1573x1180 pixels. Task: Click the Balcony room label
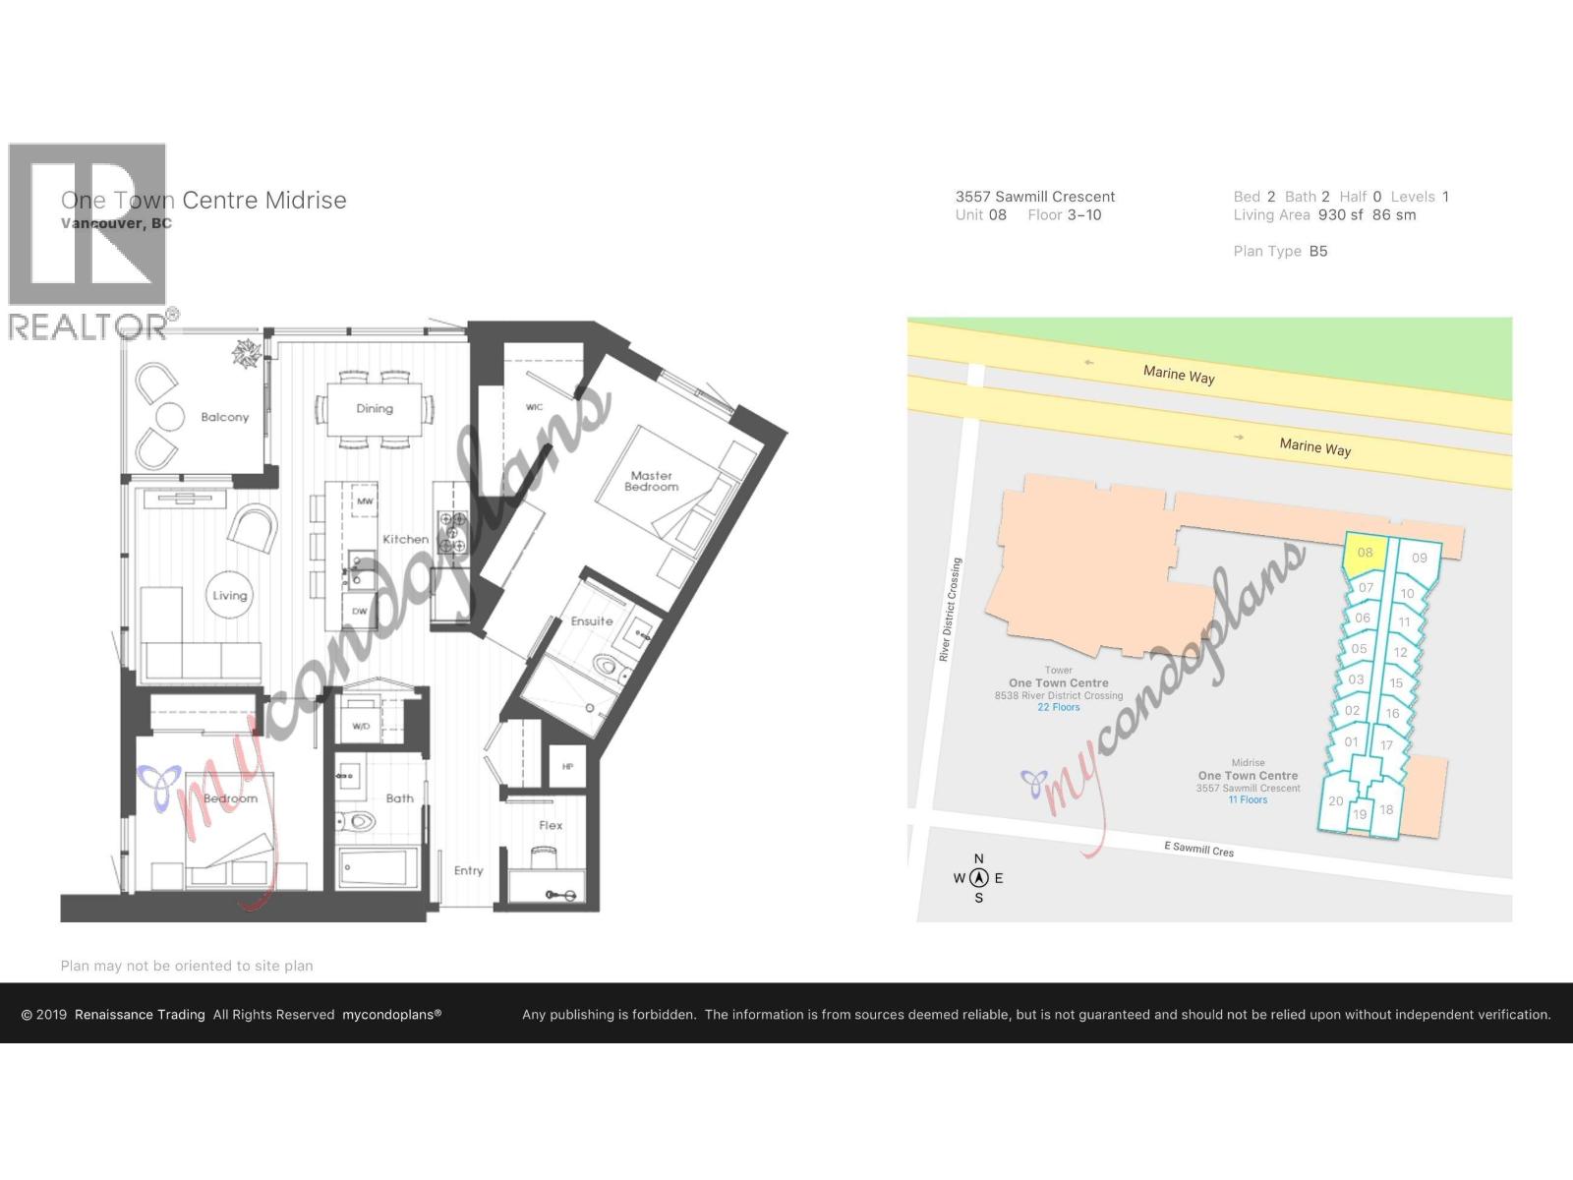pos(224,417)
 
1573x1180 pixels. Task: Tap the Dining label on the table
pos(375,408)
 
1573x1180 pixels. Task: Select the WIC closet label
pos(534,407)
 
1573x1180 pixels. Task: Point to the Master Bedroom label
pos(651,481)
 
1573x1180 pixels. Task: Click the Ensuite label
pos(592,621)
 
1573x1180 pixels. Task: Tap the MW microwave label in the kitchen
pos(365,501)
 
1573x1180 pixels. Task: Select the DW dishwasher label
pos(360,611)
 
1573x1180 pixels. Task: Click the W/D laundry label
pos(361,727)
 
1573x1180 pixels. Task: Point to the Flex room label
pos(551,825)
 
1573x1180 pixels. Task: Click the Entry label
pos(468,870)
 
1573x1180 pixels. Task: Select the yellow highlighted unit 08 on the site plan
pos(1365,554)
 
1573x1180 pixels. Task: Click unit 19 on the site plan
pos(1360,814)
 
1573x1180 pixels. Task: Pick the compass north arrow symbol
pos(978,878)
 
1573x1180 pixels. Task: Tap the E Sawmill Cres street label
pos(1198,849)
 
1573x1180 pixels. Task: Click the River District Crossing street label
pos(950,610)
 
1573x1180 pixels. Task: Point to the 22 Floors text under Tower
pos(1058,707)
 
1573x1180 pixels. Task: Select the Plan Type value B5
pos(1317,251)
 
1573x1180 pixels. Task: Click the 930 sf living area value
pos(1340,214)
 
